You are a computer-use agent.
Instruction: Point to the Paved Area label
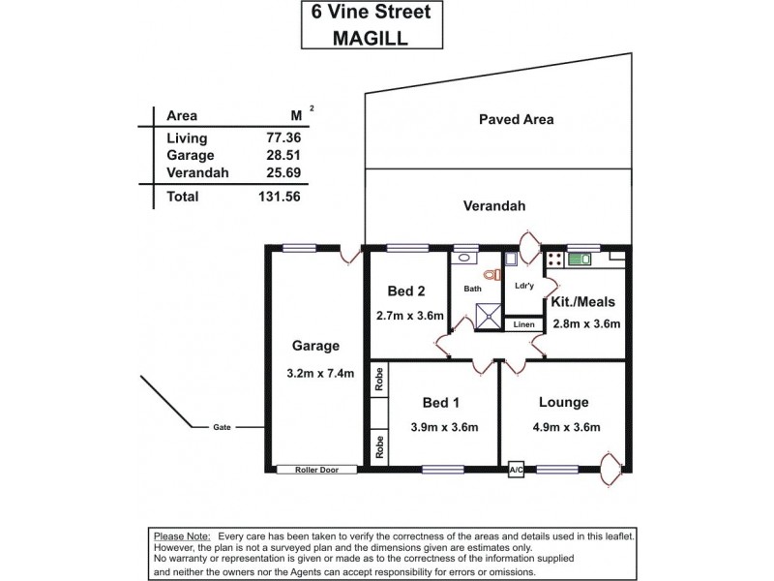(516, 120)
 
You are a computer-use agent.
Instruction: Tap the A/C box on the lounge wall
(516, 470)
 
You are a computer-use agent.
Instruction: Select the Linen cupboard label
(522, 324)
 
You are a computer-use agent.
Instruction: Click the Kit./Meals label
(584, 301)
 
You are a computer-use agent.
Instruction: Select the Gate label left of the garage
(223, 427)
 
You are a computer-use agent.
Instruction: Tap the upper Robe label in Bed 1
(380, 379)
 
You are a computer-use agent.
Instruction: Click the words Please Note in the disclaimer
(182, 535)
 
